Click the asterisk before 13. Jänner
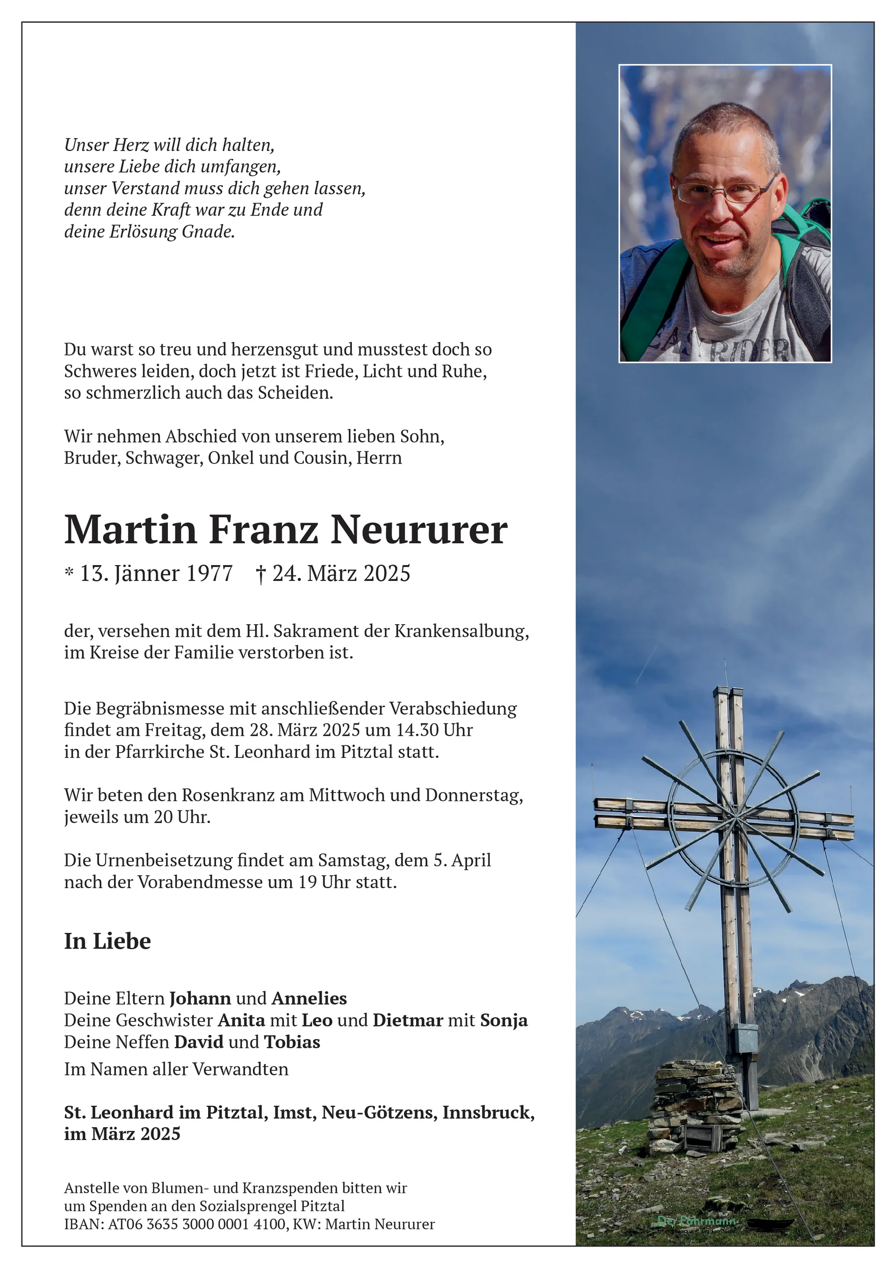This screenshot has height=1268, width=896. pyautogui.click(x=69, y=573)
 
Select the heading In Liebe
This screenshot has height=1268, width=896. pyautogui.click(x=107, y=941)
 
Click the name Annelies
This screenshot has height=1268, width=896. pyautogui.click(x=309, y=999)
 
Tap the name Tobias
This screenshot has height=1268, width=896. pyautogui.click(x=292, y=1042)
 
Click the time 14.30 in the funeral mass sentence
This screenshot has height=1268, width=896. pyautogui.click(x=414, y=730)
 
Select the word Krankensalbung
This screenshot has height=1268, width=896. pyautogui.click(x=460, y=631)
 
